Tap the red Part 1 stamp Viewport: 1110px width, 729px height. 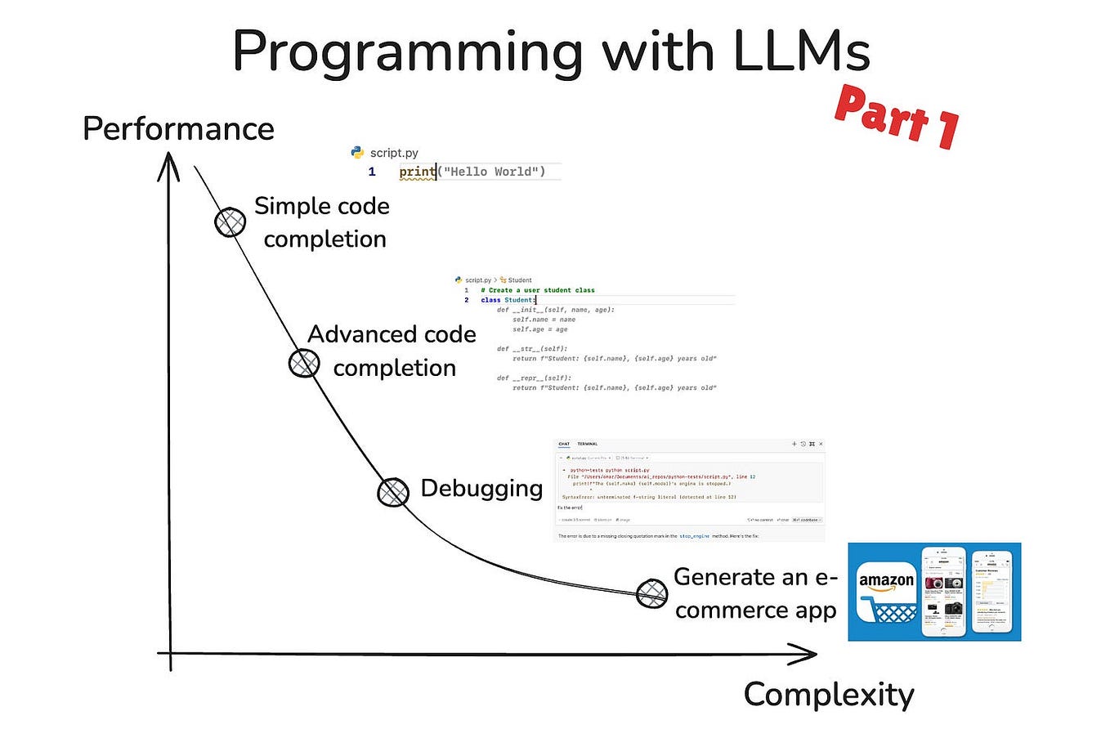point(897,117)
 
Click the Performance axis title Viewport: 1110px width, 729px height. point(178,129)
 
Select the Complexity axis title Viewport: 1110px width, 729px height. point(828,694)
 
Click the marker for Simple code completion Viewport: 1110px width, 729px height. point(231,221)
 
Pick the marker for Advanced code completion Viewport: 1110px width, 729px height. point(304,362)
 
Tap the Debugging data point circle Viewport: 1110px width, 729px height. point(393,490)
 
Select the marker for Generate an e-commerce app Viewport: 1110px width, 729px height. point(651,593)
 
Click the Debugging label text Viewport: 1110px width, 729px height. point(481,489)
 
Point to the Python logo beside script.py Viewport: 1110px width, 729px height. point(357,152)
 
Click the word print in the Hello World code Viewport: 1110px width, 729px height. point(417,172)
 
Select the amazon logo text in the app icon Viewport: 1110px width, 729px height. point(885,581)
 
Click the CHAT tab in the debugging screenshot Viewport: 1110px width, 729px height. point(564,444)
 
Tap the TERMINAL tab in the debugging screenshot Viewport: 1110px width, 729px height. point(588,444)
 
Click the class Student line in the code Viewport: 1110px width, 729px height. point(507,300)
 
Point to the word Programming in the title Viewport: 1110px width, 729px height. point(407,52)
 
